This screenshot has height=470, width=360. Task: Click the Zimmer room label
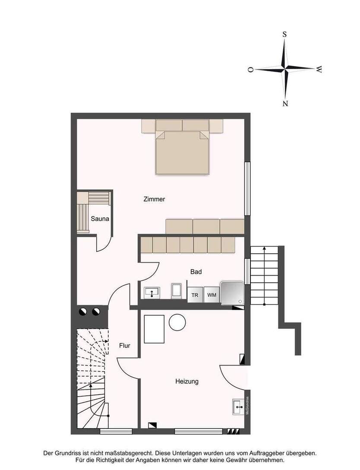click(x=154, y=200)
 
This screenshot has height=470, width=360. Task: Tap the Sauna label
click(x=100, y=219)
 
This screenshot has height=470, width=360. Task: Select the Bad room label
click(x=196, y=272)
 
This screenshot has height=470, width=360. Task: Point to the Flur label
click(x=124, y=346)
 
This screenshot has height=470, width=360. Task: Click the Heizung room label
click(x=187, y=382)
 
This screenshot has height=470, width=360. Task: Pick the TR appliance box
click(x=195, y=295)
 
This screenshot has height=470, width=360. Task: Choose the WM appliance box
click(x=212, y=295)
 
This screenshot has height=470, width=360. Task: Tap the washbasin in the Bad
click(x=151, y=293)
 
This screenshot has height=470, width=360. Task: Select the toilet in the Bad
click(x=177, y=291)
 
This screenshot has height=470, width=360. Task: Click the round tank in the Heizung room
click(x=177, y=322)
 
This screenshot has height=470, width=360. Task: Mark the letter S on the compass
click(x=285, y=34)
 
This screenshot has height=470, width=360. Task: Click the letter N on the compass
click(x=285, y=103)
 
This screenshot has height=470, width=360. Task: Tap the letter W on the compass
click(x=319, y=69)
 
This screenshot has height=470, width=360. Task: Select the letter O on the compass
click(x=250, y=69)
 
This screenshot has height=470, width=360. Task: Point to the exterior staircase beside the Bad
click(x=264, y=275)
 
